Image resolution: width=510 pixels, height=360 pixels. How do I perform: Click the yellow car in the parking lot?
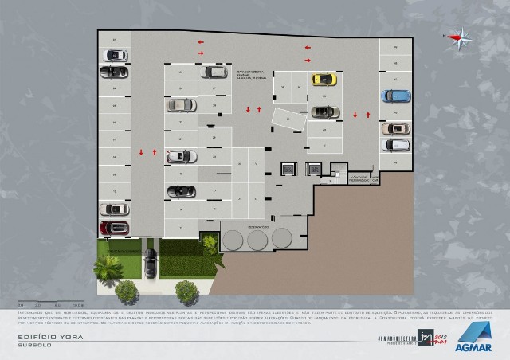[x=323, y=79]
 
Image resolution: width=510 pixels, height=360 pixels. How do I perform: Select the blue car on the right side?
[x=395, y=96]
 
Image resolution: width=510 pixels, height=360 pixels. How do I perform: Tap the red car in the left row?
[x=114, y=228]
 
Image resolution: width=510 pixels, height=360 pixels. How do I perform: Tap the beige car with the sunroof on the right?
[x=395, y=128]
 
